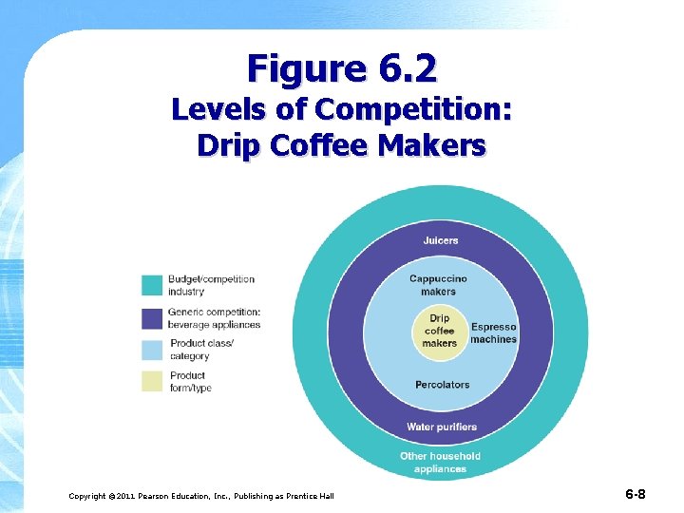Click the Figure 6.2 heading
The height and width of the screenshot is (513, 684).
click(x=342, y=68)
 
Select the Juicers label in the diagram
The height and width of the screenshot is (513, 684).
click(x=440, y=240)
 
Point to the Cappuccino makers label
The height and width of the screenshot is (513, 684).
click(x=438, y=285)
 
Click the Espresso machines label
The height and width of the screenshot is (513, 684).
click(x=493, y=333)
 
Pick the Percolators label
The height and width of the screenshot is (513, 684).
click(x=442, y=385)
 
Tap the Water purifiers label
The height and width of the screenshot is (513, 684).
click(x=442, y=427)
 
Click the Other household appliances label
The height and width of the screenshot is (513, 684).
click(x=440, y=462)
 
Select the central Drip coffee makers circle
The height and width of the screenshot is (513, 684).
click(x=439, y=331)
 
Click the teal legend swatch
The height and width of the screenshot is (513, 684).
click(x=152, y=285)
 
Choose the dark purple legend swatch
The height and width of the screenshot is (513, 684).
click(x=152, y=318)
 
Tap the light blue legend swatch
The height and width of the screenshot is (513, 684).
click(x=152, y=350)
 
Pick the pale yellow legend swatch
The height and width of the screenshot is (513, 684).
click(x=152, y=381)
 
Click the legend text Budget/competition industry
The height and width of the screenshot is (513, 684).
click(x=211, y=285)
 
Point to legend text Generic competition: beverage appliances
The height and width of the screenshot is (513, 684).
click(x=215, y=318)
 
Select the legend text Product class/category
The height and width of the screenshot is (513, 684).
click(x=200, y=350)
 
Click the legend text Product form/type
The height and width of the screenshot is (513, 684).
click(x=189, y=381)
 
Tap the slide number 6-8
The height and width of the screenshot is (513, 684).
click(x=636, y=494)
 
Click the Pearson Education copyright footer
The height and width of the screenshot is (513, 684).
click(x=201, y=496)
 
